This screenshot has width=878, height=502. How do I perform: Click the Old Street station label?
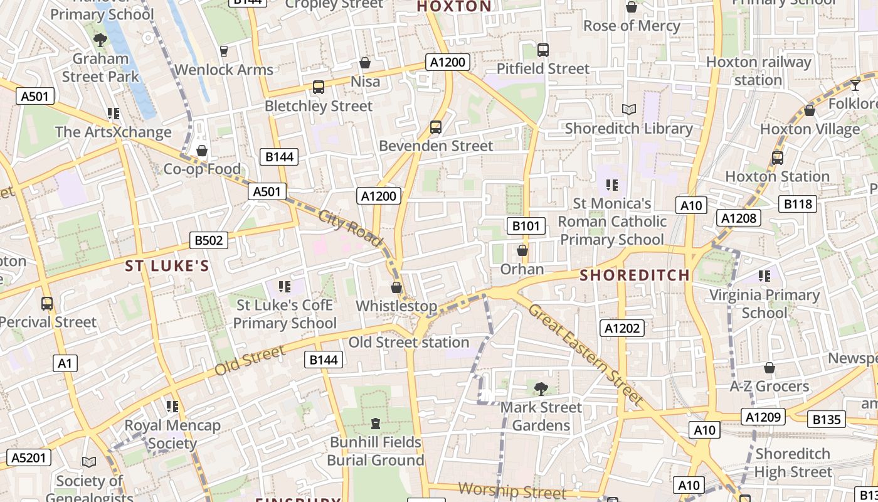coord(408,343)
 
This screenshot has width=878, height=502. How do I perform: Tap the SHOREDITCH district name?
coord(635,275)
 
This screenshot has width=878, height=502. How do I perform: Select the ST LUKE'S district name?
coord(167,266)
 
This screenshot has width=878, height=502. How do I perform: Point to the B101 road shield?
coord(526,226)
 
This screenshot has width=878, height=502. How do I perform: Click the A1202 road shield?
coord(622,328)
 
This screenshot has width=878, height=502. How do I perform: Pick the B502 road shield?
coord(209,240)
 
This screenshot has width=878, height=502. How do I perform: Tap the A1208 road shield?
coord(738,218)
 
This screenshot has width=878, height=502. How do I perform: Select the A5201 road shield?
coord(29,457)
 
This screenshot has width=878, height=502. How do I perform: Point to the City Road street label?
coord(350,227)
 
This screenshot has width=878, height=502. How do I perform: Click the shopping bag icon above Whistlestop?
coord(396,287)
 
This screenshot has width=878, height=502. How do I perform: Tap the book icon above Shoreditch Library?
coord(629,109)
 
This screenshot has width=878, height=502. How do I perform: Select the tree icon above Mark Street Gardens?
coord(541,388)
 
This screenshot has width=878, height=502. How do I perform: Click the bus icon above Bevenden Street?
coord(436,127)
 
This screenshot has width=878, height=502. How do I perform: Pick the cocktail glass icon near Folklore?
coord(855,85)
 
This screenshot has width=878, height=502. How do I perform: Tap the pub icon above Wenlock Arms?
coord(224,51)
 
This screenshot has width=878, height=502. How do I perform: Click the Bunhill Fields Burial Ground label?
coord(376,451)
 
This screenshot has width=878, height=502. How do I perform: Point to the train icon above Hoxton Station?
coord(778,158)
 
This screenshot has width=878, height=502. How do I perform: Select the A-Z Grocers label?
coord(769,386)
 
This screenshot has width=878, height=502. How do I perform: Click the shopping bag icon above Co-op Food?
coord(202,151)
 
